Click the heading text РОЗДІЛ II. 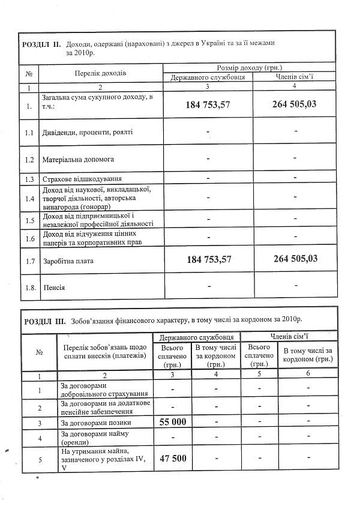click(x=40, y=44)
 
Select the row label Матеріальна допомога click(x=78, y=160)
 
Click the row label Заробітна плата click(x=69, y=261)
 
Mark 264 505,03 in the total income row click(x=295, y=104)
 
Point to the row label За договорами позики click(x=96, y=423)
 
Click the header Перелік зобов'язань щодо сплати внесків click(x=103, y=353)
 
